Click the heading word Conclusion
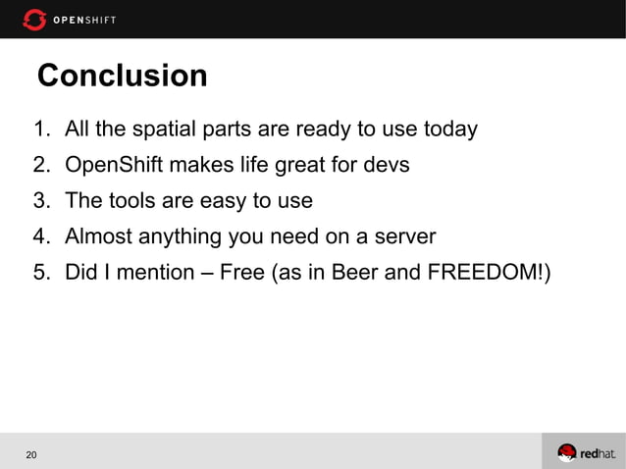coord(122,76)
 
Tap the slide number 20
coord(32,454)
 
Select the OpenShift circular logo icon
coord(34,19)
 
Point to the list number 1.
coord(40,130)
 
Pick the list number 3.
coord(40,201)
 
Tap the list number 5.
coord(40,272)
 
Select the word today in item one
coord(450,130)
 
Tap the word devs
coord(386,165)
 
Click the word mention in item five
coord(152,272)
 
